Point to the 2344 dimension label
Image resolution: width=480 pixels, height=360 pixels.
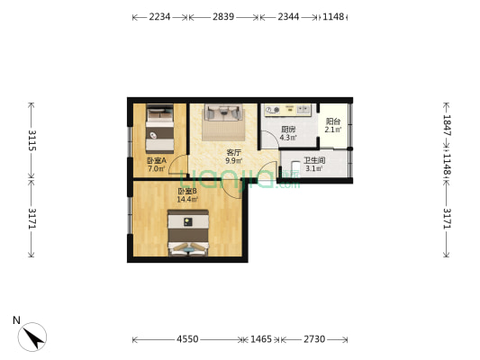[x=288, y=17]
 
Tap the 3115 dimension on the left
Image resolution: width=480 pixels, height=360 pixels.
[x=32, y=141]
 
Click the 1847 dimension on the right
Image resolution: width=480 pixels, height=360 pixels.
[x=448, y=125]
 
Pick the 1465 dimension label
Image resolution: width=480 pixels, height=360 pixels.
[x=261, y=339]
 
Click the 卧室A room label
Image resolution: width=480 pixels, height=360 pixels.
[x=156, y=160]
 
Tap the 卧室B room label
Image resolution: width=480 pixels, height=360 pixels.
[x=187, y=191]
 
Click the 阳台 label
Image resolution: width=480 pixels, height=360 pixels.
[x=333, y=121]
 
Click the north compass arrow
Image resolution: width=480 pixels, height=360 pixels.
[x=34, y=337]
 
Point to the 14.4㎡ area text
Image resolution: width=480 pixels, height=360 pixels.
[x=187, y=199]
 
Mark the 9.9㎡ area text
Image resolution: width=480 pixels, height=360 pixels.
[x=233, y=161]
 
